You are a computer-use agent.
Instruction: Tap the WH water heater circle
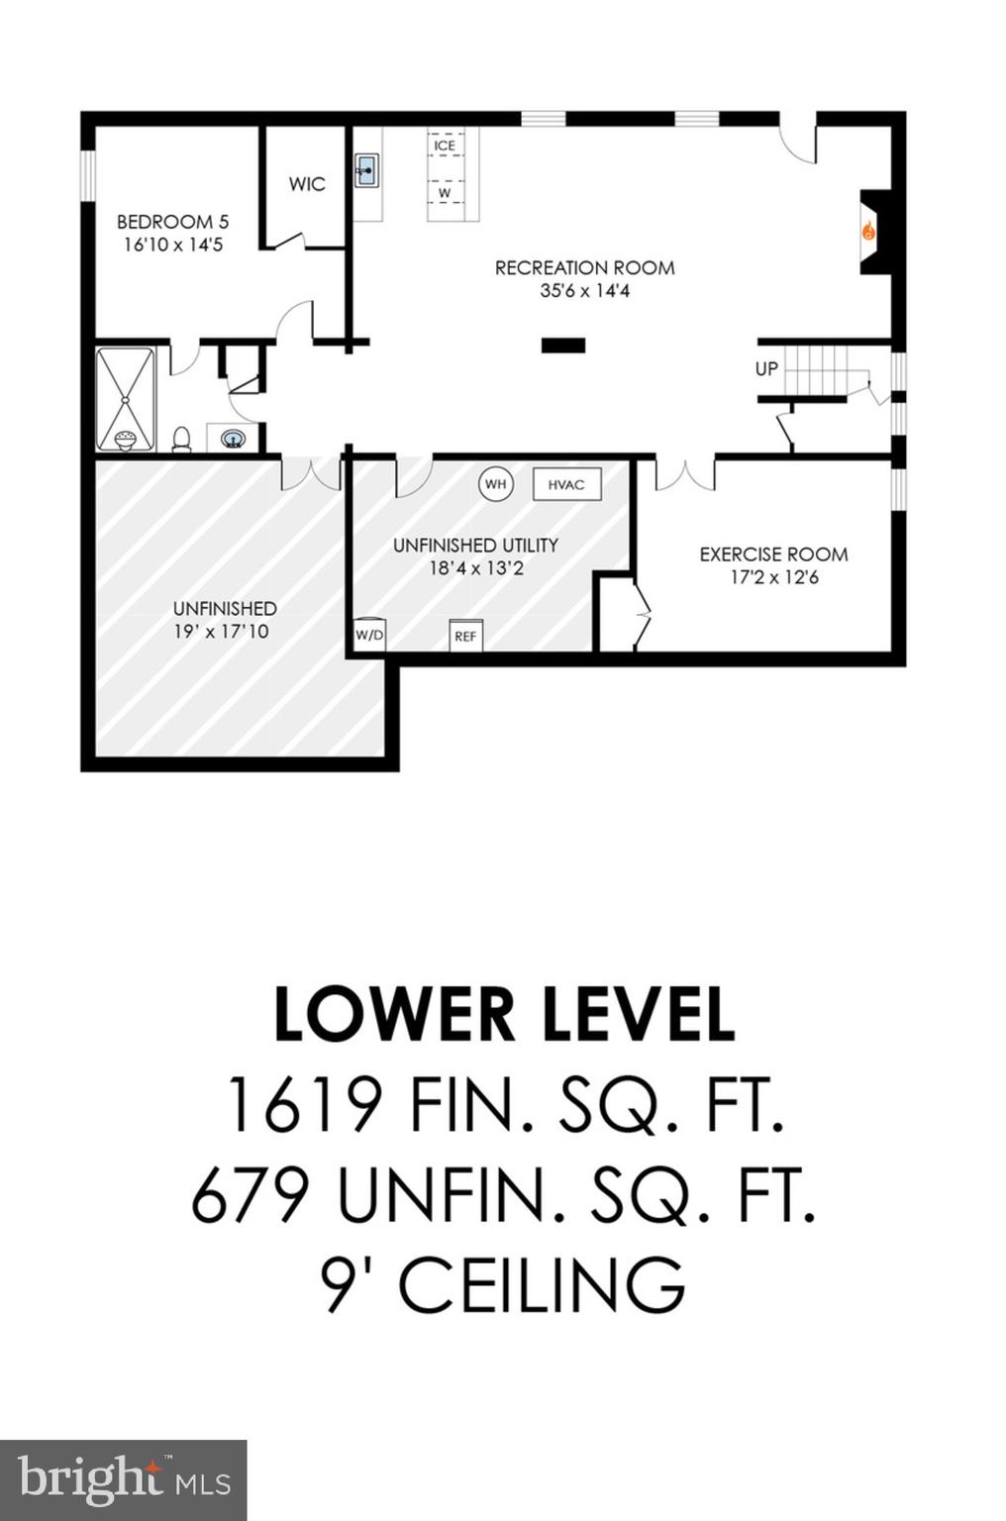click(495, 484)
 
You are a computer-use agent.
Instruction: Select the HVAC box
click(566, 484)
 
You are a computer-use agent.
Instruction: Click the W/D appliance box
click(369, 635)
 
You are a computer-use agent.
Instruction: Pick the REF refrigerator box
click(465, 636)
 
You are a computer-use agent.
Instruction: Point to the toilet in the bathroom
click(181, 439)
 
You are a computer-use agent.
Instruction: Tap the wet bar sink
click(367, 170)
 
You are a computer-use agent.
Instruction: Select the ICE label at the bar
click(445, 146)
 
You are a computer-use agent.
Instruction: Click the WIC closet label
click(307, 184)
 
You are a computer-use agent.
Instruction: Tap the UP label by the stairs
click(766, 368)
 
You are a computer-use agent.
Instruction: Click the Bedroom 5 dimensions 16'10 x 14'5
click(173, 245)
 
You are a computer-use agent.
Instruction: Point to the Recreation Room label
click(584, 267)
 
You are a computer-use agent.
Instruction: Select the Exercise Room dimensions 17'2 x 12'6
click(774, 577)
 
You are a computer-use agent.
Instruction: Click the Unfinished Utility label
click(475, 545)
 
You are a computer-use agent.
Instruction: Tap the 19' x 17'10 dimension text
click(224, 631)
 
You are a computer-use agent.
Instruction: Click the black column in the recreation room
click(563, 346)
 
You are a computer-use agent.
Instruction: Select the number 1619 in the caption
click(304, 1106)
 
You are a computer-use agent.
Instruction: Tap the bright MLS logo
click(124, 1480)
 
